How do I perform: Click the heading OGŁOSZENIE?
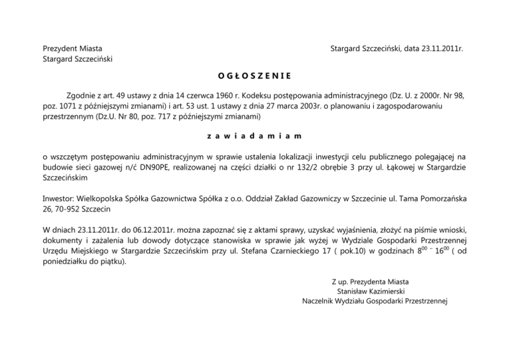coord(254,76)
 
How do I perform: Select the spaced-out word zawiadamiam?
coord(254,137)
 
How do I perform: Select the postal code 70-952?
coord(68,210)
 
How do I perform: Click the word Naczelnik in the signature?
coord(320,301)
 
